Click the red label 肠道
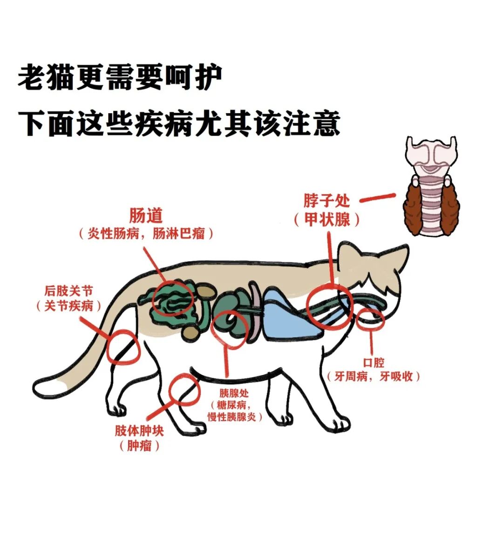(x=145, y=215)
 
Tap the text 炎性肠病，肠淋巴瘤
(x=146, y=233)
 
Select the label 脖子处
(x=327, y=201)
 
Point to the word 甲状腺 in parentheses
(x=327, y=219)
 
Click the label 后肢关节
(x=68, y=291)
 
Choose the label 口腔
(x=374, y=362)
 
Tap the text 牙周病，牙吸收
(x=374, y=376)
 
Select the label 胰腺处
(x=234, y=393)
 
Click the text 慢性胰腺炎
(x=232, y=417)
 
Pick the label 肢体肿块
(x=139, y=431)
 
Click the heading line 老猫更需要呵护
(x=120, y=77)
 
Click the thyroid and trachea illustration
(x=431, y=186)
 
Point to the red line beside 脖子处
(x=377, y=198)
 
